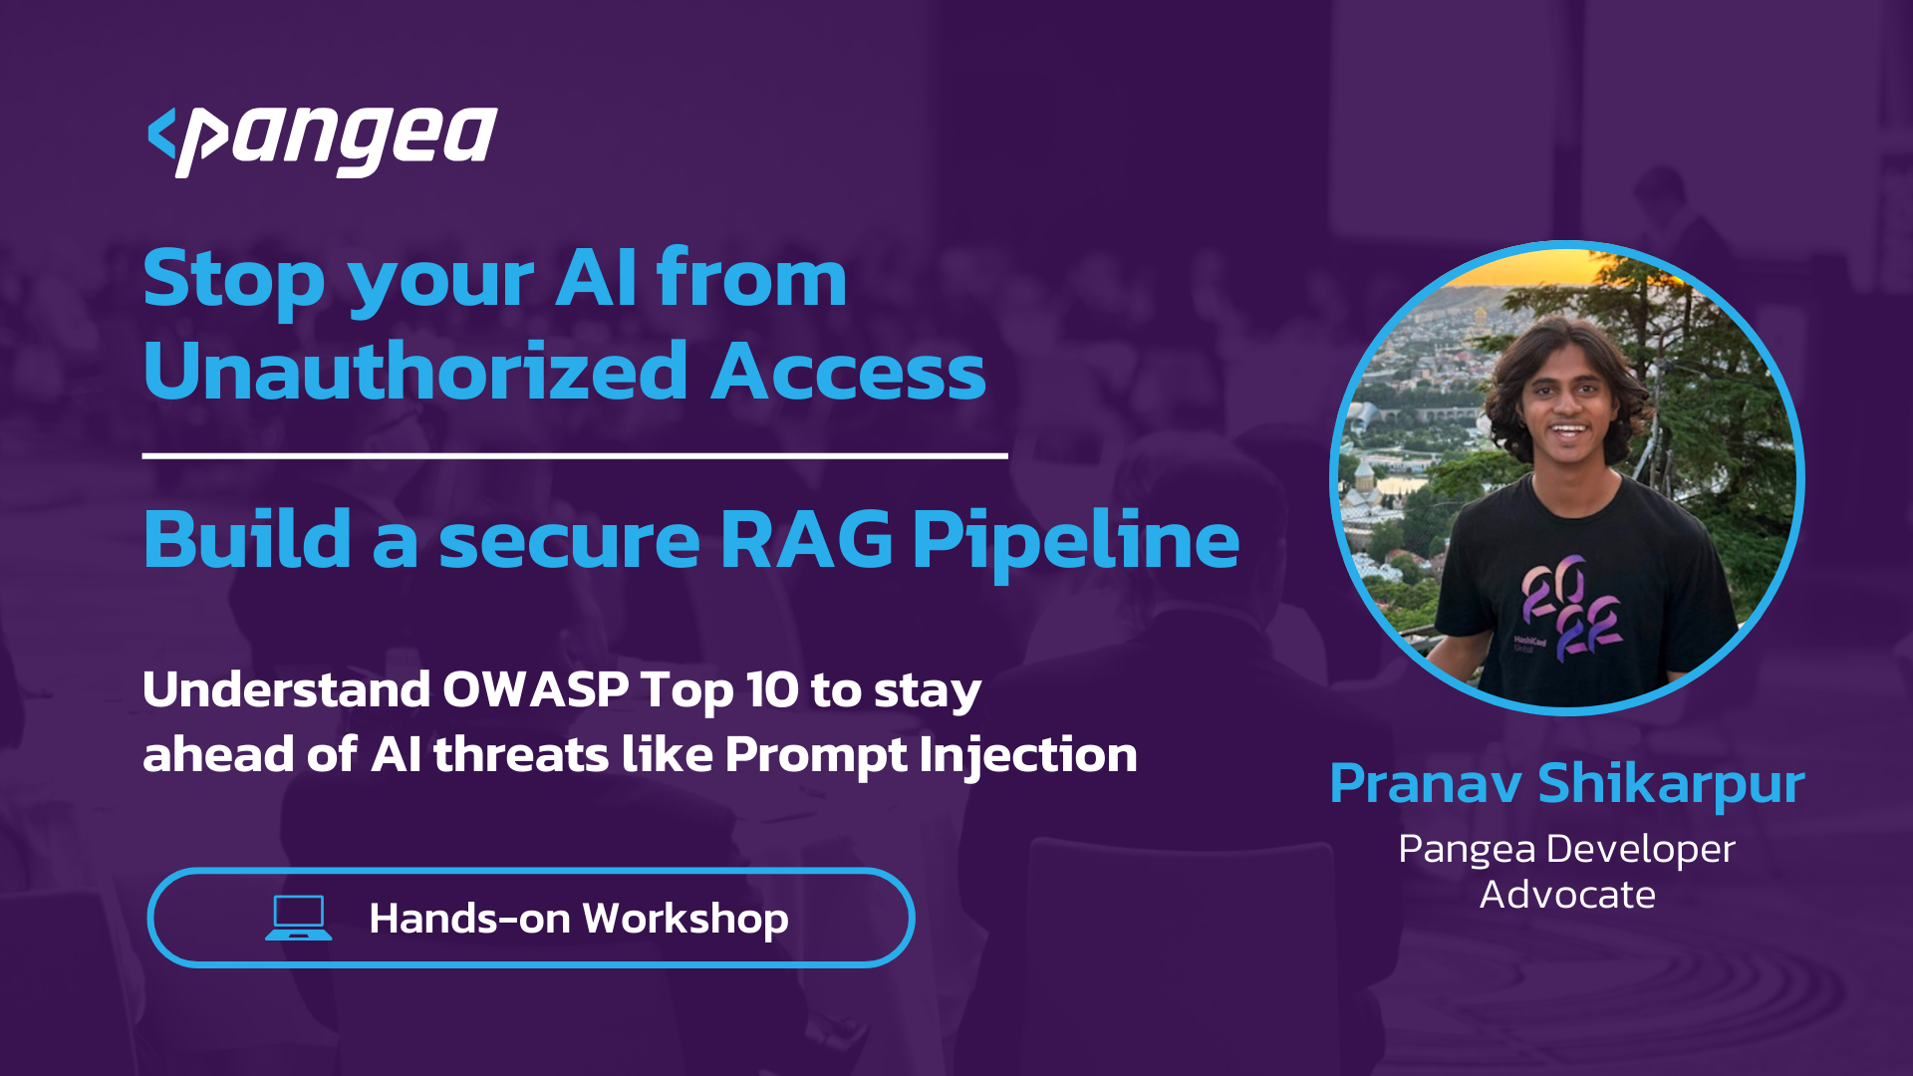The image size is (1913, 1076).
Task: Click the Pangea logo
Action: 322,140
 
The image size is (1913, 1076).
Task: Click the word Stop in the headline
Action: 234,279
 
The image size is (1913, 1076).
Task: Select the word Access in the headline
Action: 848,372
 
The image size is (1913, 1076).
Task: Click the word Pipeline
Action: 1076,543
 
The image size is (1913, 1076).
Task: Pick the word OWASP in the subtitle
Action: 535,689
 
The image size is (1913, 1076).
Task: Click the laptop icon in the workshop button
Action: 299,918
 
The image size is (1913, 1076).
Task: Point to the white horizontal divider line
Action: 575,456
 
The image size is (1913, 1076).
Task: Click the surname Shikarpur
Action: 1671,785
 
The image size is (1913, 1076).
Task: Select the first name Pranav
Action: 1426,784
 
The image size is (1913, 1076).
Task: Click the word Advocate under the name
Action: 1567,895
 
